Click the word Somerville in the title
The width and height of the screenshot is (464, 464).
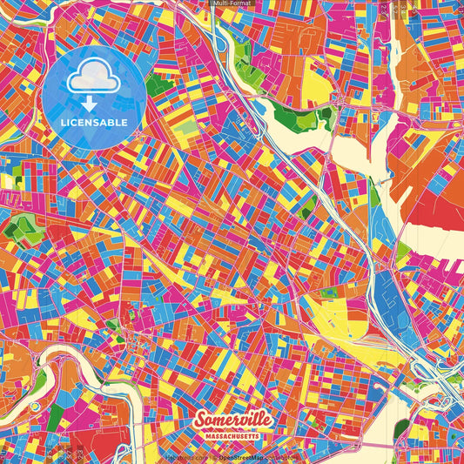pyautogui.click(x=232, y=420)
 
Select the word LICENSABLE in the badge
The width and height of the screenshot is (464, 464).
pyautogui.click(x=95, y=123)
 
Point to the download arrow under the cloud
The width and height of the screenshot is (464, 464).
pyautogui.click(x=90, y=104)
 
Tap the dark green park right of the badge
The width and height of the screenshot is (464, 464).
pyautogui.click(x=159, y=84)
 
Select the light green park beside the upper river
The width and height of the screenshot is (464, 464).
pyautogui.click(x=287, y=115)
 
